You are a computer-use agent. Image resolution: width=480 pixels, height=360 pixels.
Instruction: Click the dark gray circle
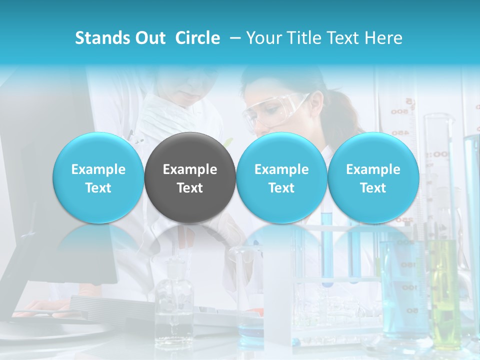(x=190, y=178)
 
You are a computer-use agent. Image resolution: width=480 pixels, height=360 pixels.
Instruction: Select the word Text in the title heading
(x=345, y=38)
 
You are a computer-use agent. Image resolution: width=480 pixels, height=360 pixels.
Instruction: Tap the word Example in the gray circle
(x=190, y=169)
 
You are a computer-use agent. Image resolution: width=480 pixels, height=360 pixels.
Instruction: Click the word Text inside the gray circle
(x=190, y=188)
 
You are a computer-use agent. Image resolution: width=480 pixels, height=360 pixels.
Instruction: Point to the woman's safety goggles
(x=272, y=110)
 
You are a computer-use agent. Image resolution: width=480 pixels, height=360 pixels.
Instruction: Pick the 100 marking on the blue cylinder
(x=409, y=288)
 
